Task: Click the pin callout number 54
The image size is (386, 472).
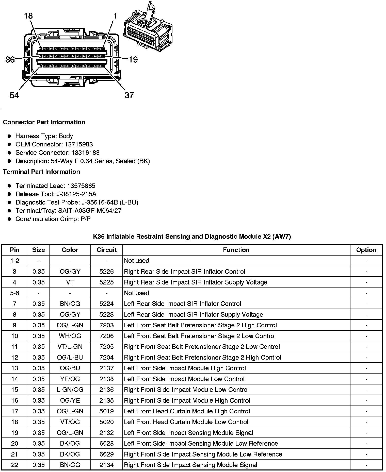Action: pos(14,95)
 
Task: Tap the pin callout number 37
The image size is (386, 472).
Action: pos(129,95)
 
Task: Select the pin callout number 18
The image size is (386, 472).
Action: pos(28,16)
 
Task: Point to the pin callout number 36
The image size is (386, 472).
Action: pos(10,60)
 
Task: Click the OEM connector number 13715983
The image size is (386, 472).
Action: pos(78,144)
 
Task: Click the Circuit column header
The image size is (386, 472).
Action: pos(107,250)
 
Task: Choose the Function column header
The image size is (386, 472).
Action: pos(236,250)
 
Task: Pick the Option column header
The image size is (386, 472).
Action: pos(366,250)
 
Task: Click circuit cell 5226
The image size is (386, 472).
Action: pos(107,272)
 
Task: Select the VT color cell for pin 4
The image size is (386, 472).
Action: pos(70,282)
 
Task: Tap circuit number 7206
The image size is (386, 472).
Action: pos(107,336)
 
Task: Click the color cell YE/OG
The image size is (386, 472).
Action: pos(70,379)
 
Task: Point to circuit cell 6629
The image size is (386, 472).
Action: pos(107,454)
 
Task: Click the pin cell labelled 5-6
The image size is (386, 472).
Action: pos(14,293)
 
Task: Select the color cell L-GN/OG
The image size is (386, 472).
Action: pos(70,390)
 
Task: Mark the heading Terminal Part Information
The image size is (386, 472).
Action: pos(41,172)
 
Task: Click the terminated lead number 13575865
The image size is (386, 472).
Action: pos(81,186)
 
